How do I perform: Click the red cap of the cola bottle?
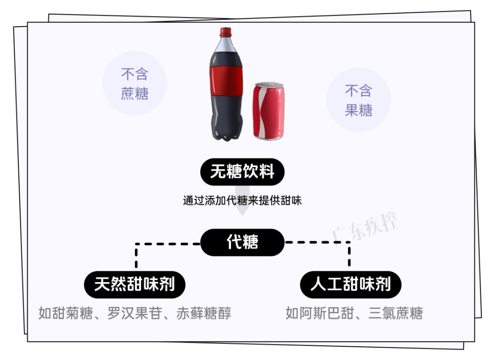[225, 33]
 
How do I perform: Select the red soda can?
[268, 112]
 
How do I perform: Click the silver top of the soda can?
[269, 86]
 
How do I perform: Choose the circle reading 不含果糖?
[358, 100]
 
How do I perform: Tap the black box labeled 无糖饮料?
[242, 172]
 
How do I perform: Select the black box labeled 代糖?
[242, 242]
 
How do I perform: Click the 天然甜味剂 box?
[134, 284]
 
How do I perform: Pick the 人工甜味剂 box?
[350, 284]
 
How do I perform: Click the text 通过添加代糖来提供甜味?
[242, 201]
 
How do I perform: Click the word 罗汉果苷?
[135, 313]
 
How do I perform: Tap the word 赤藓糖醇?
[203, 313]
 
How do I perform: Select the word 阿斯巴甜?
[322, 313]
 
